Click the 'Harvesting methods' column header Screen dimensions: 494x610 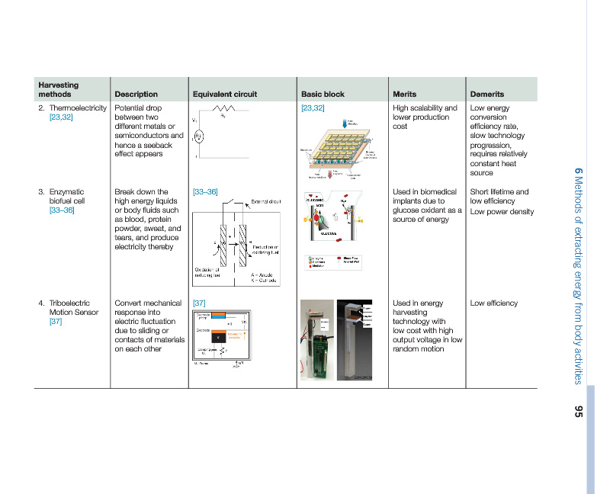coord(58,89)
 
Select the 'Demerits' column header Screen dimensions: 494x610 coord(487,95)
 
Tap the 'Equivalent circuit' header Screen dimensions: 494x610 coord(225,95)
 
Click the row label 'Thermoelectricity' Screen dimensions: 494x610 coord(78,108)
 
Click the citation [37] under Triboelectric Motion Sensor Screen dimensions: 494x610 coord(56,322)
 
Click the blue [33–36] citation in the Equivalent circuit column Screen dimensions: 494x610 coord(205,191)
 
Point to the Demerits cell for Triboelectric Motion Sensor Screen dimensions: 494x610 coord(493,303)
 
